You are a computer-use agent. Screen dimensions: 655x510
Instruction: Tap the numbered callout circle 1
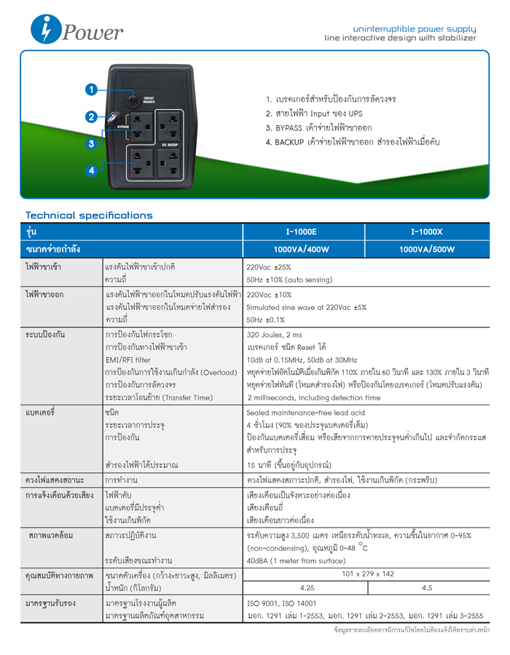point(92,90)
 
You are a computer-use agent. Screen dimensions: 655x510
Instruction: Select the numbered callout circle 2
point(92,116)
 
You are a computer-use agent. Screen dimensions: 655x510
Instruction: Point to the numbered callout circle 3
point(92,143)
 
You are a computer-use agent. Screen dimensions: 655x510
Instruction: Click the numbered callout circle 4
point(92,170)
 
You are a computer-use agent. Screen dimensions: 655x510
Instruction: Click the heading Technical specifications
point(89,215)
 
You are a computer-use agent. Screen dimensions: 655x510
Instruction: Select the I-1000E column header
point(302,232)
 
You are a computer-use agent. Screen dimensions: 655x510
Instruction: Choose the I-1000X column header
point(427,232)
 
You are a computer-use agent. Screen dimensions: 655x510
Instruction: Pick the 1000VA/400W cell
point(302,250)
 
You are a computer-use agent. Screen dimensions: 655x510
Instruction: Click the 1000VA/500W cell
point(427,250)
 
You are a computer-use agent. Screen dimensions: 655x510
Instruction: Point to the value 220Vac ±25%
point(269,267)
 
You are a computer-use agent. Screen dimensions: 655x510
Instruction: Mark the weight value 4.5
point(427,587)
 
